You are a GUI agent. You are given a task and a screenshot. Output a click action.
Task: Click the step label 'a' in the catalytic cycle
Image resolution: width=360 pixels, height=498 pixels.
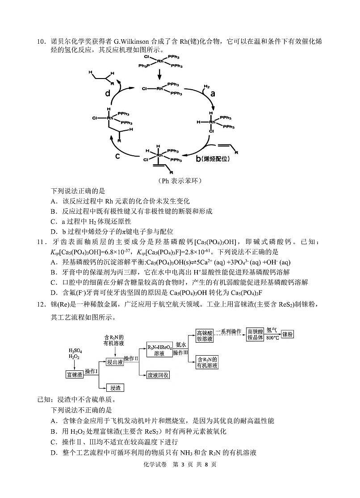coord(213,93)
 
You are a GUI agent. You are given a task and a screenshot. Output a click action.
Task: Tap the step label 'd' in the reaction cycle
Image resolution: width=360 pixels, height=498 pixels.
coord(108,93)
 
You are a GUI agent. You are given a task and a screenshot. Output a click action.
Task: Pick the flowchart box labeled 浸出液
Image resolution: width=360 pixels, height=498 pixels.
coord(114,362)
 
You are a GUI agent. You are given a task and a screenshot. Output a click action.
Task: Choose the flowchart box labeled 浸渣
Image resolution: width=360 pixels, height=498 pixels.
coord(114,388)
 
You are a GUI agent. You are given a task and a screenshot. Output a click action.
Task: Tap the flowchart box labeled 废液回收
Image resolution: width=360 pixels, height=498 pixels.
coord(159,375)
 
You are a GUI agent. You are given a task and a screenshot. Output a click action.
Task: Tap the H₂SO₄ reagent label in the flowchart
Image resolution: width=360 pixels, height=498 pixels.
coord(75,351)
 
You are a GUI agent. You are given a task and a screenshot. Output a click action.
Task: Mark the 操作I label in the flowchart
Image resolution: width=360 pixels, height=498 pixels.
coord(92,371)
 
